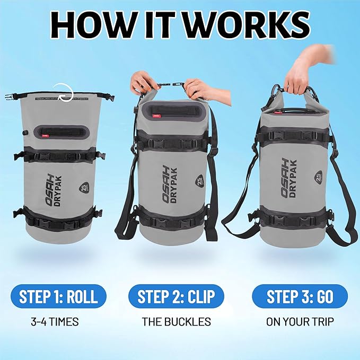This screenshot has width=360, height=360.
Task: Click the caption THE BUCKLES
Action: (x=176, y=321)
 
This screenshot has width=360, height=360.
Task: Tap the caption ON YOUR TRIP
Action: (x=300, y=321)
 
